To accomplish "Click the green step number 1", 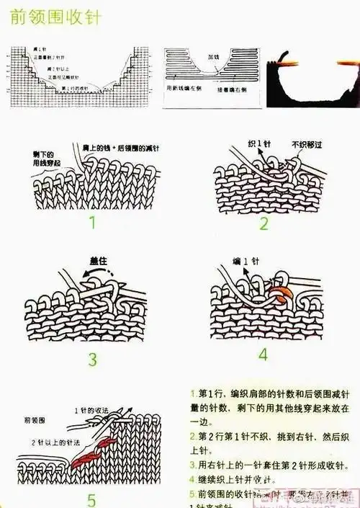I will (x=92, y=222).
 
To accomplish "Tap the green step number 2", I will (x=264, y=223).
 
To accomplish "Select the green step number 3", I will (x=92, y=359).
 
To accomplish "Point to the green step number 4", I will (x=263, y=355).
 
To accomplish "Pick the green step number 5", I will (x=91, y=499).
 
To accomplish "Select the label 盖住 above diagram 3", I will (x=99, y=262).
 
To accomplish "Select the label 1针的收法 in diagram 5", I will (x=91, y=411).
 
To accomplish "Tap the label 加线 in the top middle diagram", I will (x=213, y=55).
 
